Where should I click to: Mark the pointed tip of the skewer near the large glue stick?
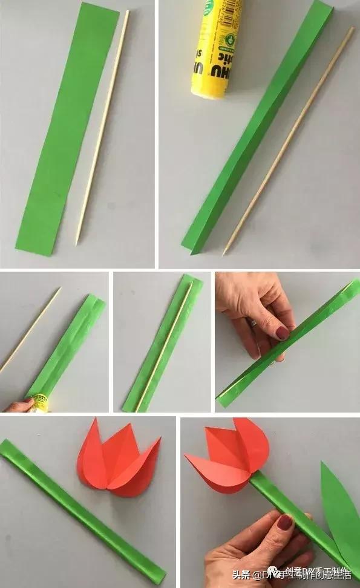tap(224, 252)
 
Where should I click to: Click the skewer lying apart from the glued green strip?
tap(30, 330)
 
